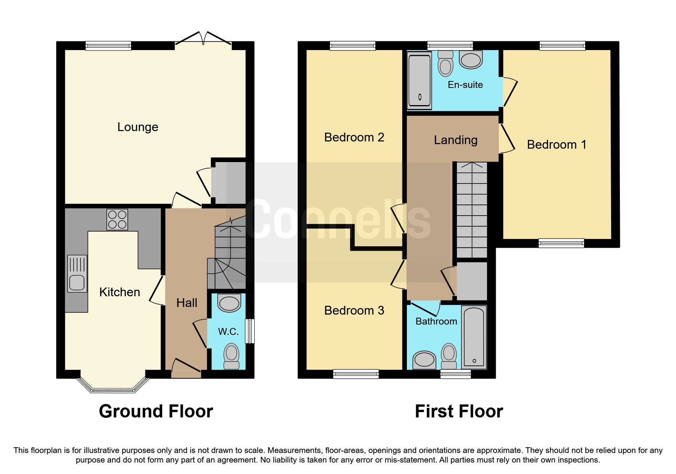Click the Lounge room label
[137, 127]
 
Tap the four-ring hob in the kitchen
[117, 219]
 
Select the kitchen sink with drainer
[77, 273]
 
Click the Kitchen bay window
[113, 386]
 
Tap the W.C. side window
[250, 331]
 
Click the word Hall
[187, 303]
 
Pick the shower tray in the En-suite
[419, 80]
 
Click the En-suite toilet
[445, 63]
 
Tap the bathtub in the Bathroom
[474, 337]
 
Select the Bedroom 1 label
[556, 144]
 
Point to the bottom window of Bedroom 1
[561, 243]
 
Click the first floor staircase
[472, 210]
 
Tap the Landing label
[455, 140]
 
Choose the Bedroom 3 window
[356, 373]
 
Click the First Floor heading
[458, 411]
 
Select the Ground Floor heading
[156, 411]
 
